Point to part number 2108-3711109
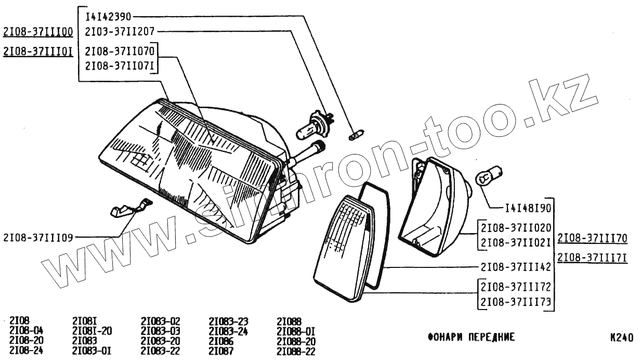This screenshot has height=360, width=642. pyautogui.click(x=37, y=237)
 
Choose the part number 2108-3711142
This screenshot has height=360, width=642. pyautogui.click(x=516, y=267)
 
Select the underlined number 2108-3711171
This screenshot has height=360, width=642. pyautogui.click(x=592, y=258)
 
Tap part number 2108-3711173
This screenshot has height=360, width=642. pyautogui.click(x=516, y=301)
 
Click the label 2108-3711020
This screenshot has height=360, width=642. pyautogui.click(x=516, y=227)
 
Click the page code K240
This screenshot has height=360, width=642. pyautogui.click(x=621, y=337)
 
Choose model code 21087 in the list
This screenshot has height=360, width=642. pyautogui.click(x=221, y=351)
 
